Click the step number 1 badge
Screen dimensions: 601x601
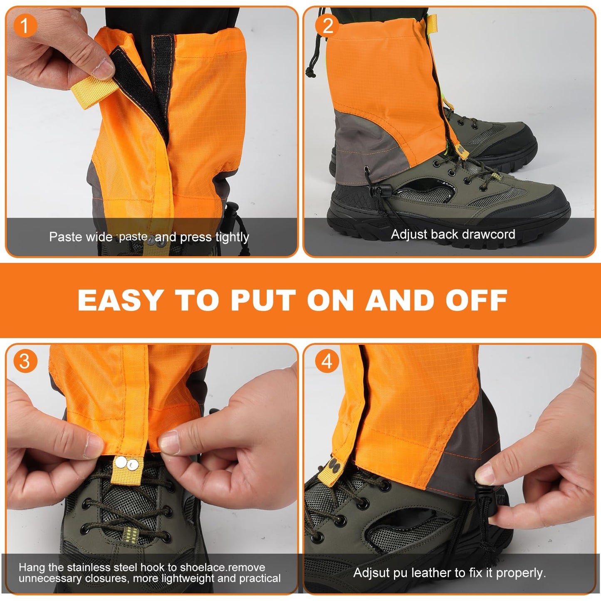point(25,26)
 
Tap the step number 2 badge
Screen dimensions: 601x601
point(327,26)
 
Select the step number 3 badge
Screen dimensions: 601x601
point(25,361)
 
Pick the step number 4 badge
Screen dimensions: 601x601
point(327,361)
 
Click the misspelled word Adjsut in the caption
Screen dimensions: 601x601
point(372,573)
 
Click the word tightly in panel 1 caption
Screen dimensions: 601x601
point(232,237)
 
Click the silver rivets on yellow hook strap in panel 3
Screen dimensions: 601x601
point(126,464)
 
